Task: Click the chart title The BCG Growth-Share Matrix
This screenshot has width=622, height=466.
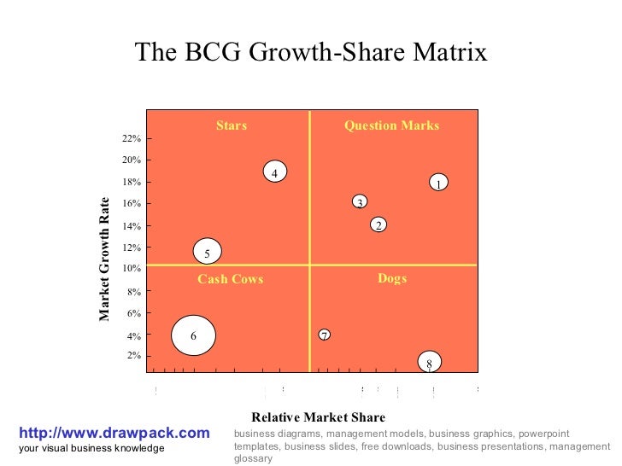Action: pos(310,53)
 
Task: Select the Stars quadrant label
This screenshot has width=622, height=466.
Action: pos(231,125)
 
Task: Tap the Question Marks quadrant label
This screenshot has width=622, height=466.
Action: pos(391,125)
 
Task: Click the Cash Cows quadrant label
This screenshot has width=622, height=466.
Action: pos(230,279)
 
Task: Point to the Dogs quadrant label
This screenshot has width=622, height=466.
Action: pos(392,278)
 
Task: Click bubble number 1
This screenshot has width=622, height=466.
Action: pos(437,183)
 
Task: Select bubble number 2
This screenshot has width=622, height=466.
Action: pos(378,224)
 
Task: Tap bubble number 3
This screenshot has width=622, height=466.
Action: pos(360,201)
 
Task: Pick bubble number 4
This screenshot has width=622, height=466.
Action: pos(274,172)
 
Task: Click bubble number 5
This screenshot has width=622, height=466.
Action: pos(207,252)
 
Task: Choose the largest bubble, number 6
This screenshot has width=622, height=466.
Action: pos(194,335)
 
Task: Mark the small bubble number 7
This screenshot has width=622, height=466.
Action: pos(325,335)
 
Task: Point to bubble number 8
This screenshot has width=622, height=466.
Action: pos(429,363)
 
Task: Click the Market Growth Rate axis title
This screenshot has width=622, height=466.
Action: pos(104,259)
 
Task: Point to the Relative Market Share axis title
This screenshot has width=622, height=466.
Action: pos(318,417)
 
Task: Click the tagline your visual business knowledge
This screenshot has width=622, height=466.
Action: pos(91,449)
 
